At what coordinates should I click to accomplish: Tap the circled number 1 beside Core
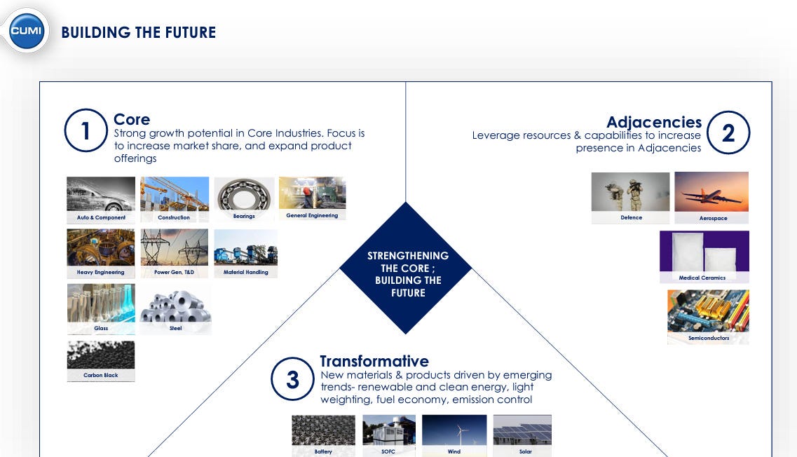coord(86,130)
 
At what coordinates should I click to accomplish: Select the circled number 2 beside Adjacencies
coord(728,132)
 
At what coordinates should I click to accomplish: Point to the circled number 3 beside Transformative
coord(292,379)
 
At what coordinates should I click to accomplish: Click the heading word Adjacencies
coord(654,122)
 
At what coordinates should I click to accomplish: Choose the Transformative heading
coord(374,361)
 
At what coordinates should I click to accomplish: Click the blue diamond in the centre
coord(406,268)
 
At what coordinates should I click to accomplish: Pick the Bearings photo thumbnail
coord(244,195)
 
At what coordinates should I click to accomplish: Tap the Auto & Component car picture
coord(101,193)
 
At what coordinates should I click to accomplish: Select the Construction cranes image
coord(175,193)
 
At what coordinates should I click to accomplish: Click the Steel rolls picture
coord(175,306)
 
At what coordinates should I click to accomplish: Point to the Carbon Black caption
coord(101,375)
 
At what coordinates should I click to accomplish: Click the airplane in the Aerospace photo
coord(711,196)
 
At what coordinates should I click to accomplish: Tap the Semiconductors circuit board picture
coord(708,311)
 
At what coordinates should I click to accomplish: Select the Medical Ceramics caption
coord(702,278)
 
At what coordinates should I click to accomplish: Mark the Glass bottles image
coord(101,303)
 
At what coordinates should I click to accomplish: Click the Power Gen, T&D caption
coord(175,272)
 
